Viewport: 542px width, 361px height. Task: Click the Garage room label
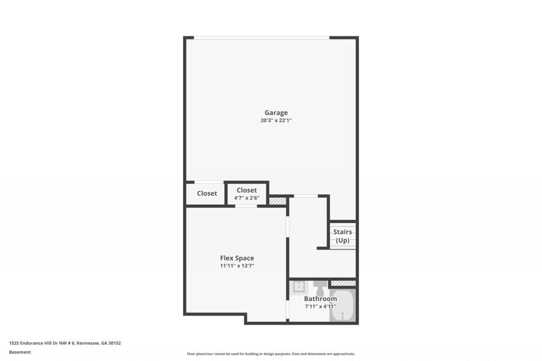[276, 113]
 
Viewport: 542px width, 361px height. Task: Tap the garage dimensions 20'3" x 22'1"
[276, 121]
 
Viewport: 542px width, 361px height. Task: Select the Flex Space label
[237, 258]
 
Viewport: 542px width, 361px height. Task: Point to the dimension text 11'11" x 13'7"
[237, 266]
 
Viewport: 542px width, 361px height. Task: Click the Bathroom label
[320, 299]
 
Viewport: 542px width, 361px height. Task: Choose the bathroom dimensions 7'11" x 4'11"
[320, 306]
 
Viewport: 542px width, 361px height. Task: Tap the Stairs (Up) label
[342, 236]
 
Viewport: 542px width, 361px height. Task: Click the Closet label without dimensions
[207, 193]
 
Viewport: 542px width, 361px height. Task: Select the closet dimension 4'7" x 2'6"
[247, 198]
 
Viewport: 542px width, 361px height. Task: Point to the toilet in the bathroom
[320, 290]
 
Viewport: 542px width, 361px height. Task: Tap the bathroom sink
[299, 287]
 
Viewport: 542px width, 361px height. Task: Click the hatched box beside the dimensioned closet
[277, 201]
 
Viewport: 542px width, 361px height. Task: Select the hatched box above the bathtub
[343, 284]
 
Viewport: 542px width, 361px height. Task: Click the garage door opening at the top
[261, 38]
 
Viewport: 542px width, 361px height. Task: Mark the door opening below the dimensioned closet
[246, 206]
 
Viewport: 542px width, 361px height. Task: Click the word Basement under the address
[20, 352]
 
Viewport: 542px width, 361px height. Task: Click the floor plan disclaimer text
[270, 354]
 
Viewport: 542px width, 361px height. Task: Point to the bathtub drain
[343, 316]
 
